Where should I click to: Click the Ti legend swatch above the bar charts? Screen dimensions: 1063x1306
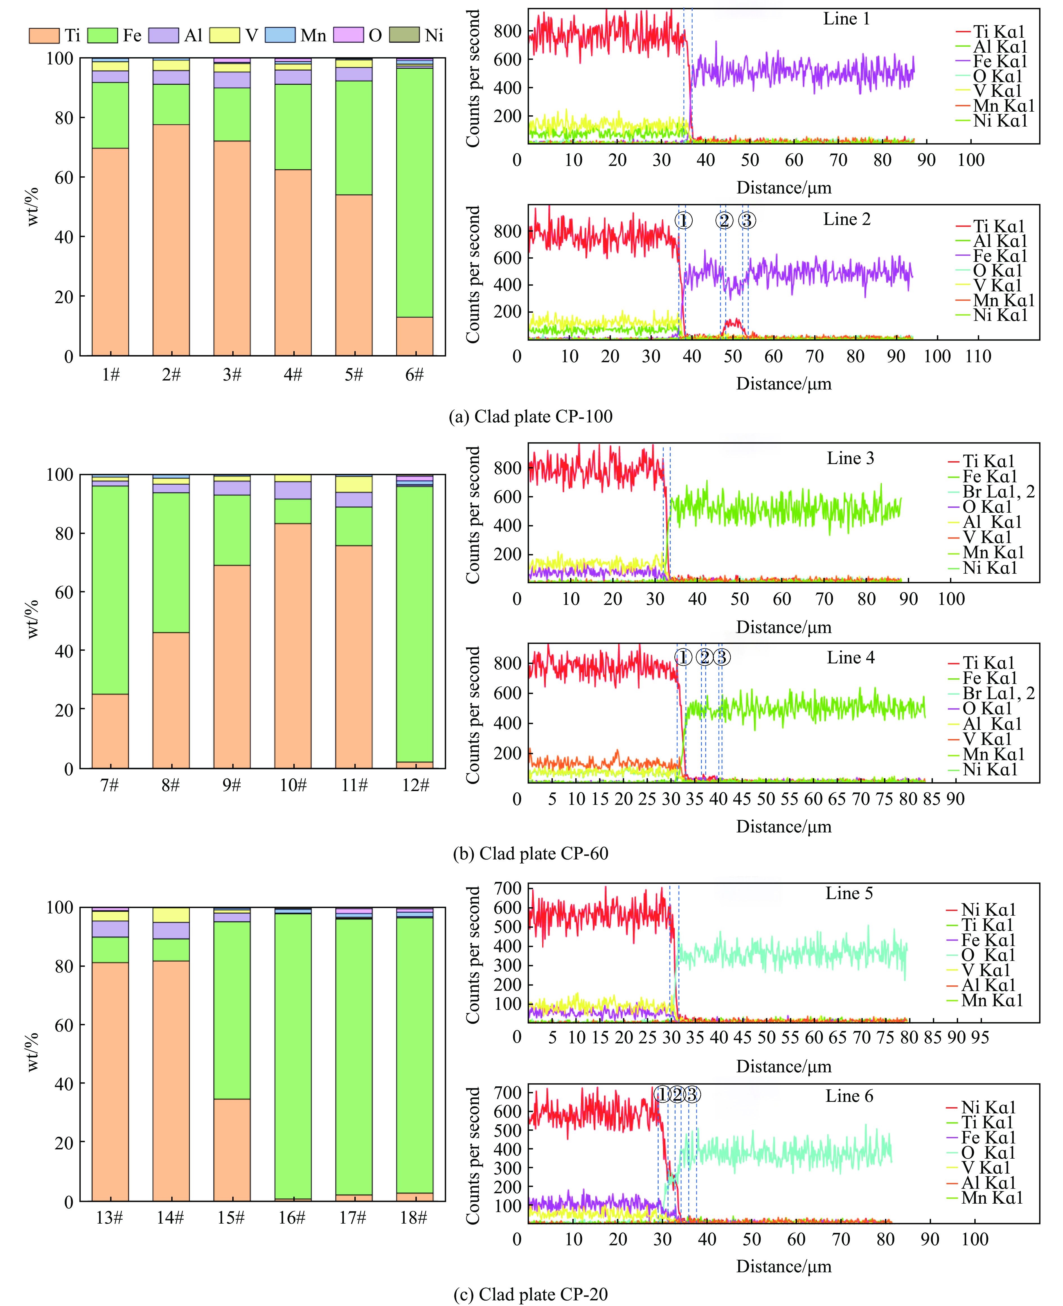click(x=44, y=35)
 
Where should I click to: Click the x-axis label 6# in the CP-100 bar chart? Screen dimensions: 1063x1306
click(x=415, y=375)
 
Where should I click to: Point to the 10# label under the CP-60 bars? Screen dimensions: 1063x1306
click(x=293, y=785)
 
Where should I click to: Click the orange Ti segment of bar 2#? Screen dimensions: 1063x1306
click(x=171, y=240)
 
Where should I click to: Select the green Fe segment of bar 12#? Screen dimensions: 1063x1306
click(x=415, y=625)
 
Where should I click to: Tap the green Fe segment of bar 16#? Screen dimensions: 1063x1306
click(x=293, y=1056)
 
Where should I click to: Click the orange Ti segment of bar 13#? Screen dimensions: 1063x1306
click(x=110, y=1082)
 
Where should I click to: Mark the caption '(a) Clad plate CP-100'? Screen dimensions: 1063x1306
click(x=530, y=416)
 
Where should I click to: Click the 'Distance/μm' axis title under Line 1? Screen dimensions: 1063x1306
click(x=784, y=188)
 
